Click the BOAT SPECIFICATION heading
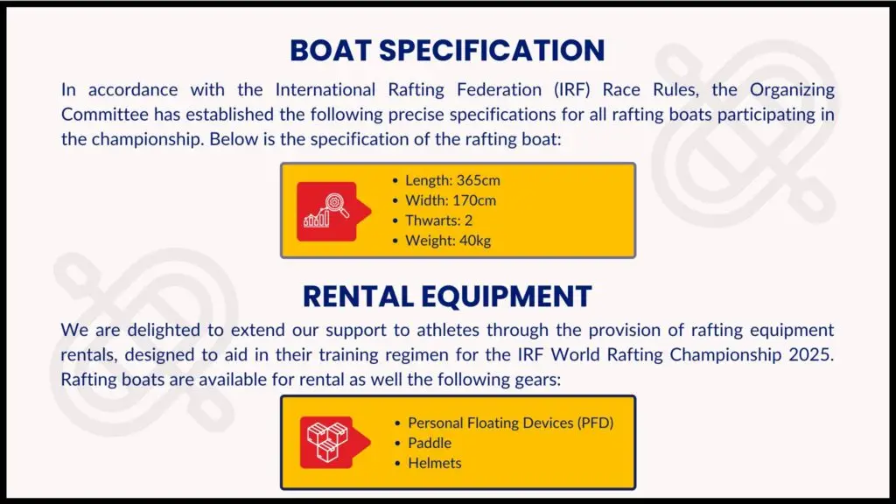[447, 50]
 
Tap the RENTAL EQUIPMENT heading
[447, 297]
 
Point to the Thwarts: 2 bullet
[432, 220]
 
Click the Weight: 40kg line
[442, 241]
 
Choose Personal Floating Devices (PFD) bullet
[505, 423]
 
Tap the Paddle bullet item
[423, 443]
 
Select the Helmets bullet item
[428, 463]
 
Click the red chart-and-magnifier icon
[333, 212]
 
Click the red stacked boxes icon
[334, 442]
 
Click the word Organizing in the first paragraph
[792, 90]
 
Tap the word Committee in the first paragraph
[105, 115]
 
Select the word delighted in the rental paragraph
[164, 331]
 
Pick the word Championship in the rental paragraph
[725, 355]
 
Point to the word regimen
[416, 355]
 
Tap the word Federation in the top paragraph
[499, 90]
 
